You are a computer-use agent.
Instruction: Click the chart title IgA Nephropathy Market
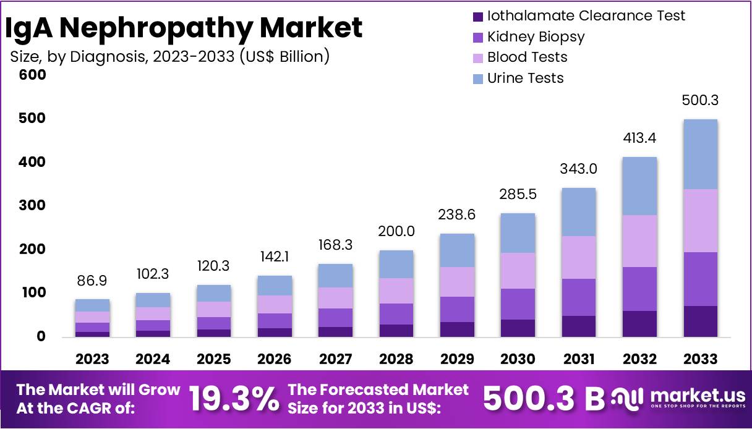point(184,28)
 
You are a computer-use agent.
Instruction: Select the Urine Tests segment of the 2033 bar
point(700,154)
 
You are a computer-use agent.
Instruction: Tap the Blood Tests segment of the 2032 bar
point(639,241)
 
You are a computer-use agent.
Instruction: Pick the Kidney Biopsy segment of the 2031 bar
point(578,297)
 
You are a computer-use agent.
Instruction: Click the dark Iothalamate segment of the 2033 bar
point(700,321)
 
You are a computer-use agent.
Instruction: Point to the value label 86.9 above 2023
point(93,281)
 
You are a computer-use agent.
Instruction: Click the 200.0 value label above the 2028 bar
point(397,231)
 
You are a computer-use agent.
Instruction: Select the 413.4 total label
point(639,138)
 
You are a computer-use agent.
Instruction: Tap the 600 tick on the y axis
point(33,75)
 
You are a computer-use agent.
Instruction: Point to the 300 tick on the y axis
point(33,205)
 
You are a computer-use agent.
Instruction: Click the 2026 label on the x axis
point(275,359)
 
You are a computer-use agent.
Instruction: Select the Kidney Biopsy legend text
point(536,36)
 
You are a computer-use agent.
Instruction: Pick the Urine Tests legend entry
point(525,78)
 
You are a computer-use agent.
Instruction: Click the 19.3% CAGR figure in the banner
point(233,399)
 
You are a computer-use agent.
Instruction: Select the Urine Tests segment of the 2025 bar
point(214,293)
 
